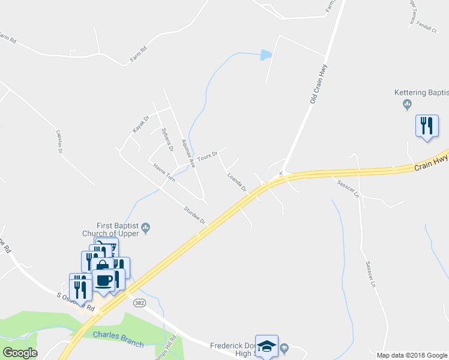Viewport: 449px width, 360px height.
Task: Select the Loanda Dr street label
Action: (x=237, y=182)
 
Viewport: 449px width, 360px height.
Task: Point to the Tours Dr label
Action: (x=206, y=155)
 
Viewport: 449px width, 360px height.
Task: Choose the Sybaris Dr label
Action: (x=167, y=140)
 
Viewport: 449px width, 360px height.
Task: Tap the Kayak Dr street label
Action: (x=140, y=125)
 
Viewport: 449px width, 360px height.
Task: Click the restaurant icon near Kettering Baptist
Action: (x=427, y=126)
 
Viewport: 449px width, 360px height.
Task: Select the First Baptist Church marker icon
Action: (x=145, y=227)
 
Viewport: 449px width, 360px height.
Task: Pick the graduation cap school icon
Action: (x=267, y=346)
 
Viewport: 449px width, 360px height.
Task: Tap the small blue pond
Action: (x=265, y=56)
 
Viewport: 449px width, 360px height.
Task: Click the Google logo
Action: (x=20, y=353)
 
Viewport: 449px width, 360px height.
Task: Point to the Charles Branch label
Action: (x=118, y=339)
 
